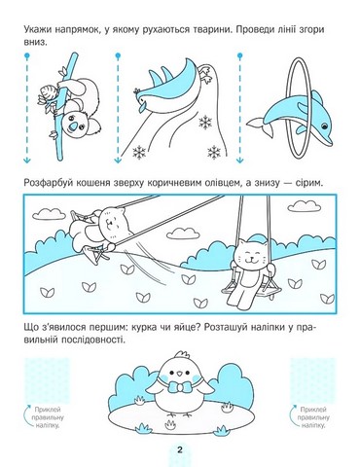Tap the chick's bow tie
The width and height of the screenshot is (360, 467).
[178, 390]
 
